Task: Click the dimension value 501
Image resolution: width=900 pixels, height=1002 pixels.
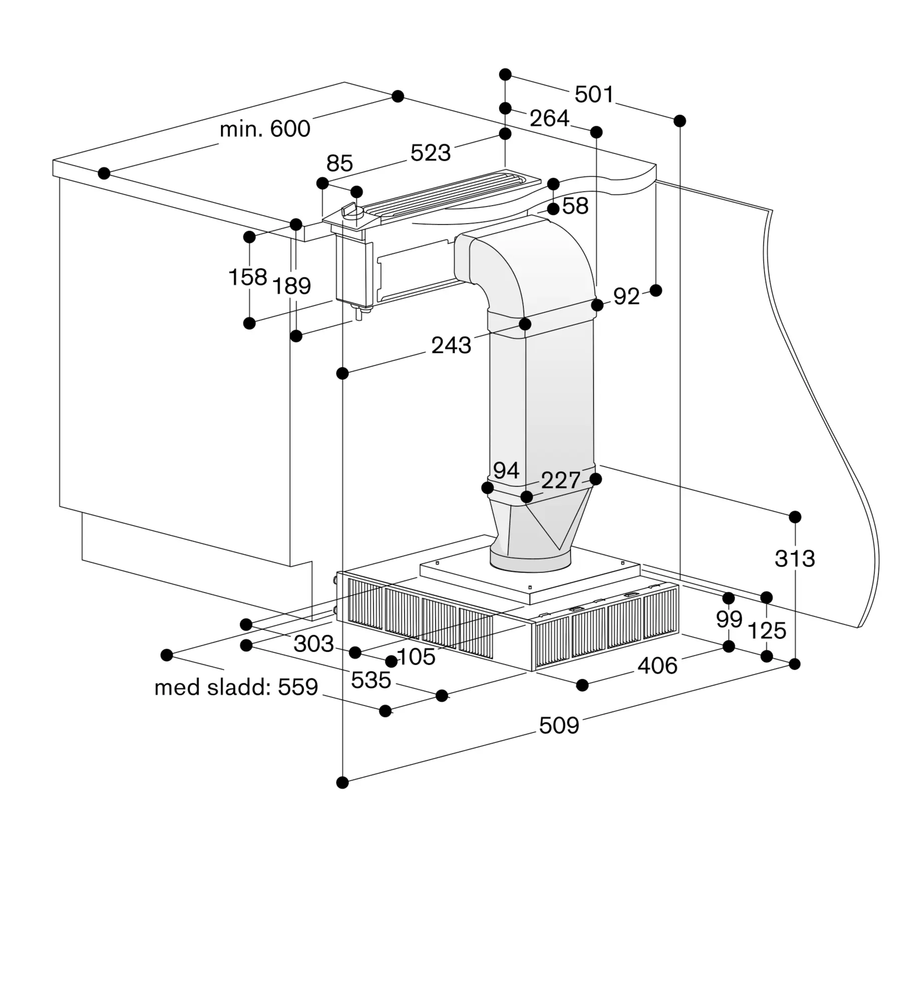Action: [594, 94]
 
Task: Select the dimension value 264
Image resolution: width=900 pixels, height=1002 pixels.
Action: [549, 118]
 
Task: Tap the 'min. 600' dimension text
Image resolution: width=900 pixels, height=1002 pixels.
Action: [265, 129]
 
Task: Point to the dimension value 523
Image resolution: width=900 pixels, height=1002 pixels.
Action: [430, 153]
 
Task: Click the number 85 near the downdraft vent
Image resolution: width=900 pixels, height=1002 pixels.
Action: [340, 163]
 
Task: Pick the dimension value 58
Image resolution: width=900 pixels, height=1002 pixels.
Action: [575, 206]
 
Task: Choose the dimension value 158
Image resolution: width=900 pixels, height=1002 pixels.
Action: [248, 277]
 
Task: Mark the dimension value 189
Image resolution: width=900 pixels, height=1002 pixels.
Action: [291, 286]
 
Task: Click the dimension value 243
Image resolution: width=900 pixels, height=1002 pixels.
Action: [451, 346]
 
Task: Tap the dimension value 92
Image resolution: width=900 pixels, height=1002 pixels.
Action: [626, 297]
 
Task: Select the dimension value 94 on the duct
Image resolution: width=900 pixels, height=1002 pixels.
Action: [506, 470]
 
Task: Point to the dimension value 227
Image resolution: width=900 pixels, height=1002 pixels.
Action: [561, 480]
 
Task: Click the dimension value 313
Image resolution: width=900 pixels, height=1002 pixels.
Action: [795, 558]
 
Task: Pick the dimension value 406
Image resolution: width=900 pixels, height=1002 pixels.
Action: [657, 666]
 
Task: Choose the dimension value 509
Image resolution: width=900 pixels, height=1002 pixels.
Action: [559, 725]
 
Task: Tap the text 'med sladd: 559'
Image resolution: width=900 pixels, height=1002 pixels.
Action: [236, 687]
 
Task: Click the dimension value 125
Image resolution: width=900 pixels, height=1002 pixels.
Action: [767, 631]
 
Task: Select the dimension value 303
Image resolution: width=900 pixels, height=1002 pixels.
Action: [314, 644]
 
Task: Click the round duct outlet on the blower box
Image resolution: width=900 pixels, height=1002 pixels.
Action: [530, 560]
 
